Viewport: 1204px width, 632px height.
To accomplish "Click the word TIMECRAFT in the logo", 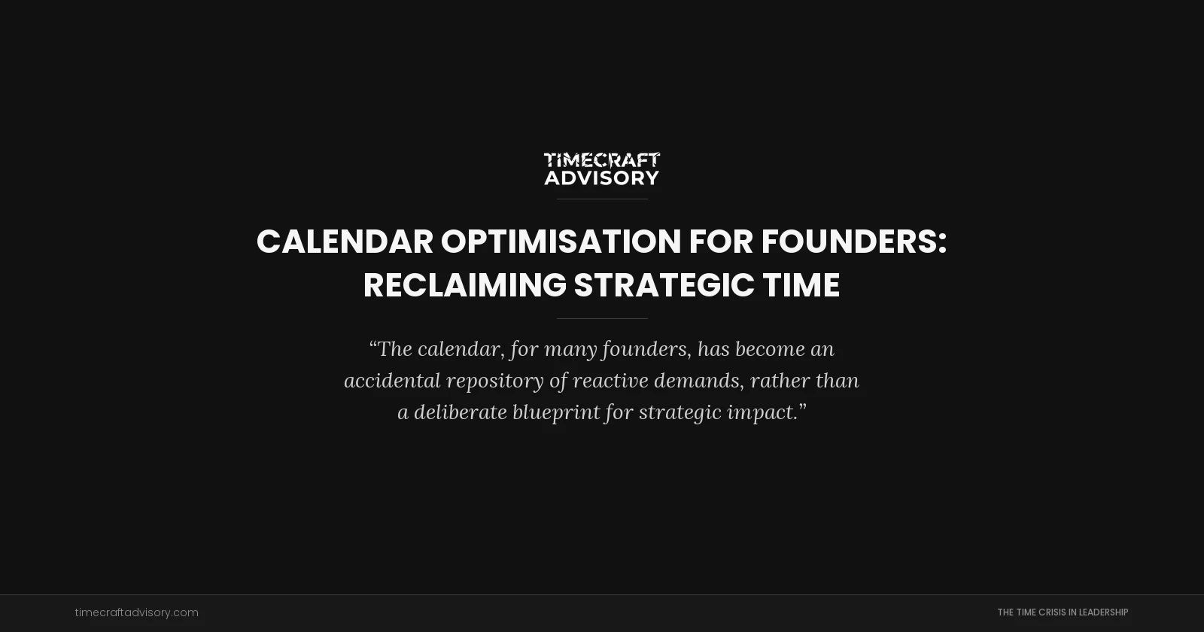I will [601, 160].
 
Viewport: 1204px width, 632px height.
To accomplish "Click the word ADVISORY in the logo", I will [601, 178].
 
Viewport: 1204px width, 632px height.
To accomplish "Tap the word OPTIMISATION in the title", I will [561, 242].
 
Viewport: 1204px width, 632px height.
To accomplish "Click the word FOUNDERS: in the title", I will [853, 242].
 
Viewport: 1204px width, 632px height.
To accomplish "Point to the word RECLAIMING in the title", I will [464, 286].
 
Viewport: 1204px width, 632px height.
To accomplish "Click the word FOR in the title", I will [721, 242].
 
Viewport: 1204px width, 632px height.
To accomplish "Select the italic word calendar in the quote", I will [459, 349].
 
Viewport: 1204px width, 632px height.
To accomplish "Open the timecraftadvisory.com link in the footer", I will [136, 612].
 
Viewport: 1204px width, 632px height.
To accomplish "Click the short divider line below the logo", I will [602, 199].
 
